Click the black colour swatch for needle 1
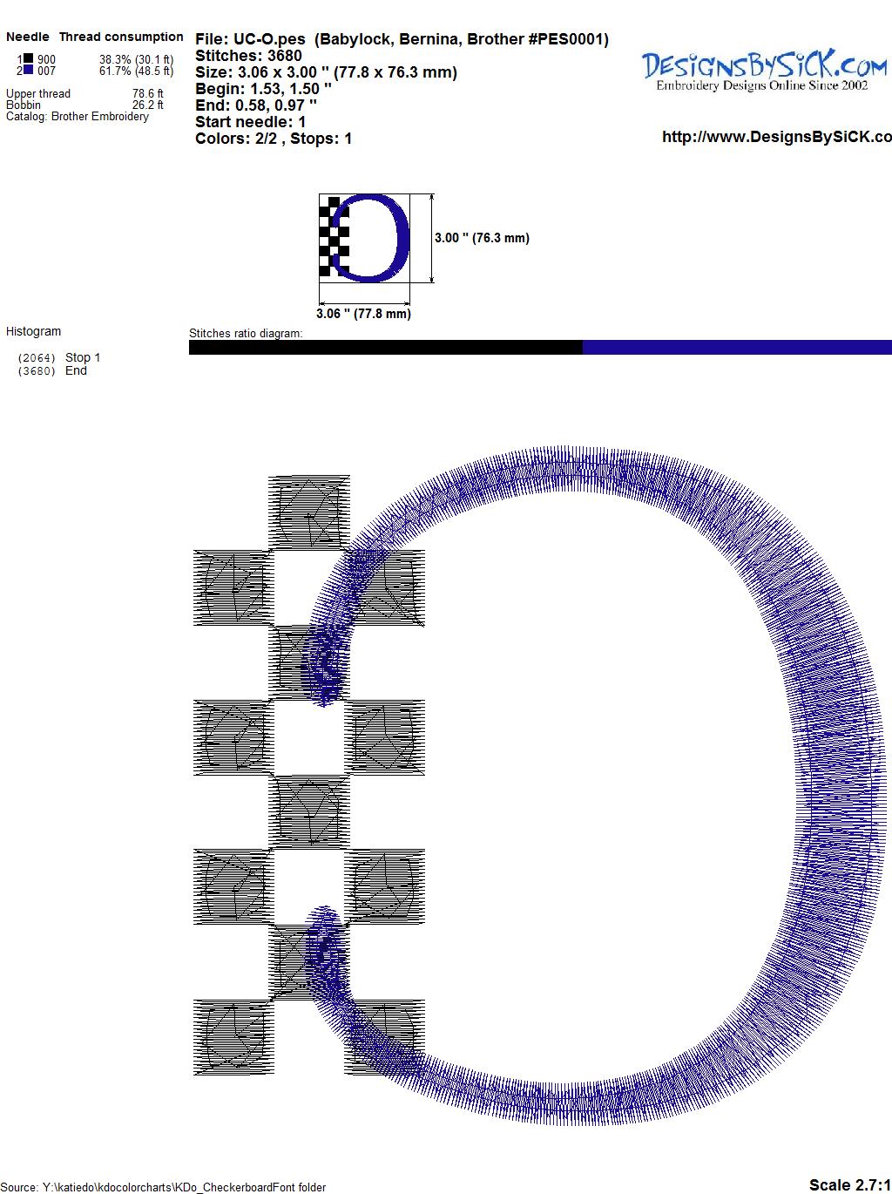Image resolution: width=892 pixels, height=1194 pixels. click(x=28, y=58)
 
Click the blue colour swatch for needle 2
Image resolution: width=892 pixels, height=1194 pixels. click(x=28, y=70)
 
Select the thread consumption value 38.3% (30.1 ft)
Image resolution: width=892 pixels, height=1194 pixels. click(x=136, y=59)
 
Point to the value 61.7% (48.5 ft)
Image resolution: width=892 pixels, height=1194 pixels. click(x=136, y=71)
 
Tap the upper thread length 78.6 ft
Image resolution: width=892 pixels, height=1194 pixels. click(x=147, y=93)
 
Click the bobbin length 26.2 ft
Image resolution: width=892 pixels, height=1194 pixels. click(x=147, y=105)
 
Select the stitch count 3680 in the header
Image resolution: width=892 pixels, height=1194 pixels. click(x=284, y=56)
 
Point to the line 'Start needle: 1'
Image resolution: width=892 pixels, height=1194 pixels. click(x=250, y=122)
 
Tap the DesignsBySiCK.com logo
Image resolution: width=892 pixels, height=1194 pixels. click(x=764, y=69)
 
